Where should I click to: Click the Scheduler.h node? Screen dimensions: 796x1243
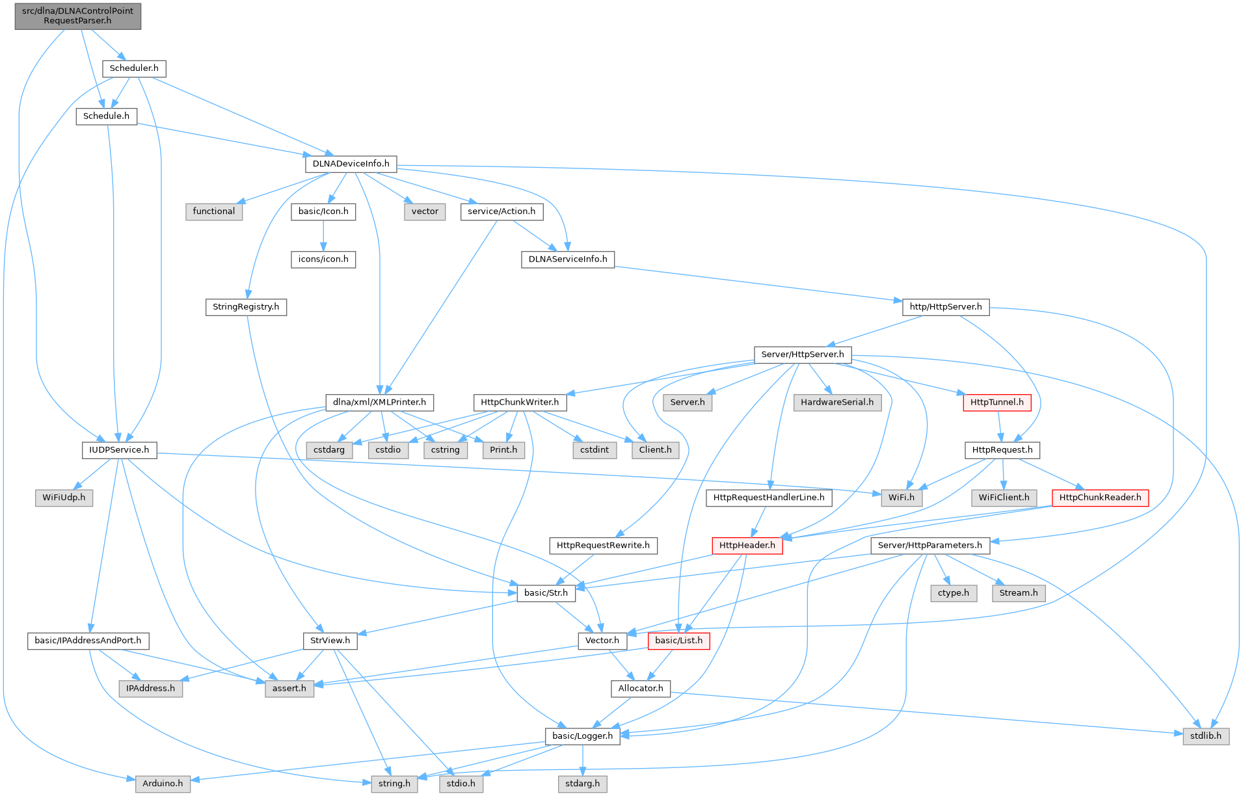point(134,68)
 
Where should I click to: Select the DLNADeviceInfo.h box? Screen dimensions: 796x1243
point(351,164)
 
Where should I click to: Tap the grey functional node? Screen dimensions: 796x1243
point(214,211)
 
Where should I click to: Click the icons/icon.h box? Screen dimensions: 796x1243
point(323,259)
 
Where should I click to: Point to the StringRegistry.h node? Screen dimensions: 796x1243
point(246,307)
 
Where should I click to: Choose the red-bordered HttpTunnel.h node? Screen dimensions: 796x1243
point(996,403)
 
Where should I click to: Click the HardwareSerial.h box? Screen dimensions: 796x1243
point(837,403)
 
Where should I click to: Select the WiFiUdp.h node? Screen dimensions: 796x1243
point(64,497)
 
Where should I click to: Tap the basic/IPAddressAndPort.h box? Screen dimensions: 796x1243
point(88,641)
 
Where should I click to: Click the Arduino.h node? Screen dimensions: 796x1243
point(163,784)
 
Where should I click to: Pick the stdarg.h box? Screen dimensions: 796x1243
point(582,784)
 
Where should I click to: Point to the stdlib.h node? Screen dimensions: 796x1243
point(1206,736)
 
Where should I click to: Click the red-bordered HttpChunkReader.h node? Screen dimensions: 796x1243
point(1100,497)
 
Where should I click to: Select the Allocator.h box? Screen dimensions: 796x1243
point(641,688)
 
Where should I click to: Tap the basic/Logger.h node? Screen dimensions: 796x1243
point(582,736)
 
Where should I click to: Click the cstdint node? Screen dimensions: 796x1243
point(595,450)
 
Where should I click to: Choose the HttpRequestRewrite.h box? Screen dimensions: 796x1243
point(603,545)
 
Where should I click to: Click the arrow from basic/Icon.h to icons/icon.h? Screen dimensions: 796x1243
point(323,235)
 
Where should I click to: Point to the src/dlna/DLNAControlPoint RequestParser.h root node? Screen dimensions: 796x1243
point(77,16)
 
